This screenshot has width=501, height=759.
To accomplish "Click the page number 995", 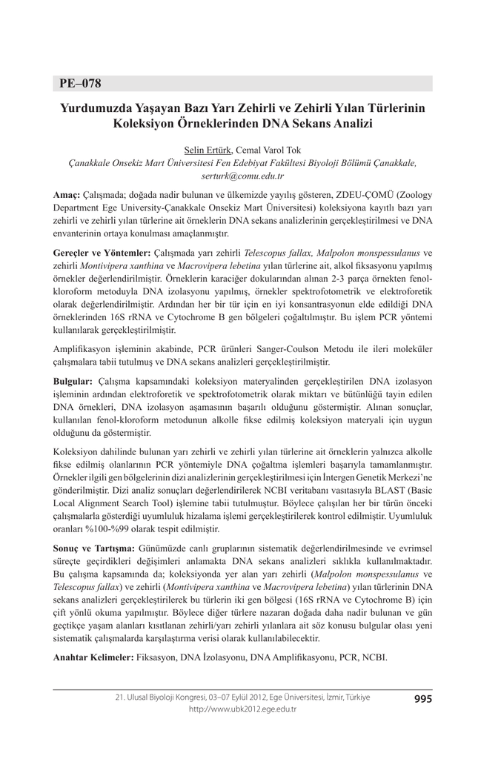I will click(x=423, y=697).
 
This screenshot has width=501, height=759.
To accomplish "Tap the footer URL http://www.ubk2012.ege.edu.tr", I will click(x=242, y=709).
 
